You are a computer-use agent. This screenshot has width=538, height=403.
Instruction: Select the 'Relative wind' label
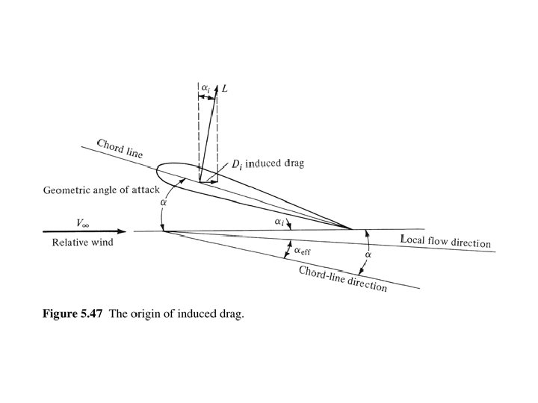pyautogui.click(x=81, y=243)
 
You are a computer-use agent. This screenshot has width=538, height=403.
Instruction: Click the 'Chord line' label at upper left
pyautogui.click(x=119, y=149)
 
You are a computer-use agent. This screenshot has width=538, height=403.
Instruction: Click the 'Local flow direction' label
pyautogui.click(x=446, y=242)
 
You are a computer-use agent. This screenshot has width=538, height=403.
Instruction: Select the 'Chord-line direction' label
pyautogui.click(x=343, y=278)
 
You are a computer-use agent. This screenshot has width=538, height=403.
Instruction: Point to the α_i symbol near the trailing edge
pyautogui.click(x=278, y=222)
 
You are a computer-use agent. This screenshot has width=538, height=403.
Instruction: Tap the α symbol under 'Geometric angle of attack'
pyautogui.click(x=164, y=202)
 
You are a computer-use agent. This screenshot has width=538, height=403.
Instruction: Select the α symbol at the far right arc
pyautogui.click(x=367, y=254)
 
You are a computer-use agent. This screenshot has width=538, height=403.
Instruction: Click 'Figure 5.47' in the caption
pyautogui.click(x=72, y=314)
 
